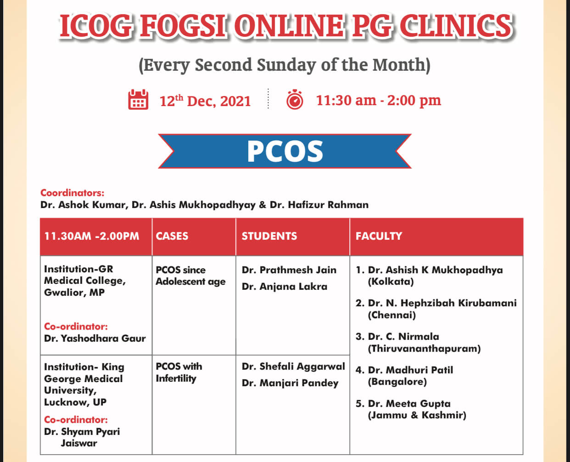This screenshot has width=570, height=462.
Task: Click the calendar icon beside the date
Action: click(138, 99)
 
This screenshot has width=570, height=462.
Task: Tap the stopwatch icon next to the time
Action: click(295, 99)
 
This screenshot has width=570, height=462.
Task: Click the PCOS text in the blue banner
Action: click(285, 152)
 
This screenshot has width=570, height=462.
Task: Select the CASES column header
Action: click(172, 236)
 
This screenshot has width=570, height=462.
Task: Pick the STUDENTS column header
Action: click(269, 236)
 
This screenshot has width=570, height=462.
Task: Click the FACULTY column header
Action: click(379, 236)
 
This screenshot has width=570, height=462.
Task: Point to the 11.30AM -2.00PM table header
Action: click(92, 236)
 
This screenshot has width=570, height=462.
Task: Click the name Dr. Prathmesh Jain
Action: click(289, 270)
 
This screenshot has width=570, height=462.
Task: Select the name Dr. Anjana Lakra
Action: click(285, 287)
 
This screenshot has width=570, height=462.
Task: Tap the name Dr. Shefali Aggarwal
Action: click(293, 366)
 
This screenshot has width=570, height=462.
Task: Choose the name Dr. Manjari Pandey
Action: click(290, 383)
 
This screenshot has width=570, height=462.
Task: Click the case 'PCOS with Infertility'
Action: click(179, 372)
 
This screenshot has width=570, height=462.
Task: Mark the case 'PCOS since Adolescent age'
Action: click(190, 276)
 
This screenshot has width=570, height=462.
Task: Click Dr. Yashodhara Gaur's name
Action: click(95, 338)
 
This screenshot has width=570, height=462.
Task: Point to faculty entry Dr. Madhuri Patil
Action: click(410, 370)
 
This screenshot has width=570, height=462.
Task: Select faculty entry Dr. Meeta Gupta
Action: click(409, 403)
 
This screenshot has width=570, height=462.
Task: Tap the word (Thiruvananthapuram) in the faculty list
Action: click(424, 349)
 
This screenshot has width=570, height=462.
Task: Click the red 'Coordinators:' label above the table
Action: click(72, 193)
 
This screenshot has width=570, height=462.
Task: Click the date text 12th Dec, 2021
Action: click(205, 101)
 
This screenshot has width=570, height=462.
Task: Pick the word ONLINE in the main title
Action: click(289, 26)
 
